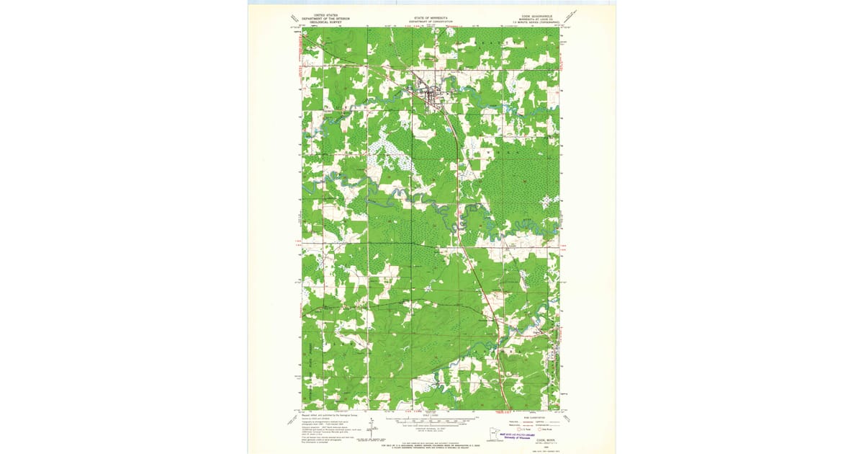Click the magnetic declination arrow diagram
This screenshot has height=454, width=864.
click(371, 423)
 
